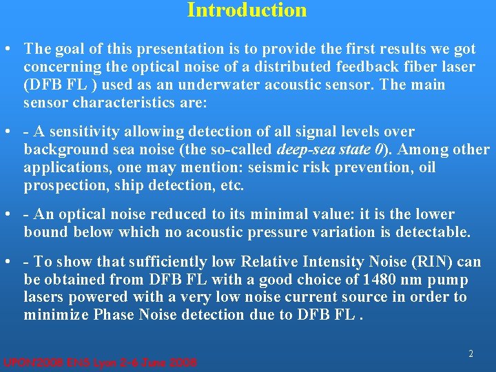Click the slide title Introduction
247,10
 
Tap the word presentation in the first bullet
175,50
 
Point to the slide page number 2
471,353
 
